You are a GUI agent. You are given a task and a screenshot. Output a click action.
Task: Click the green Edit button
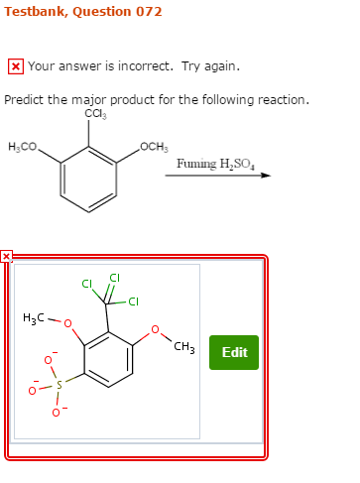[234, 352]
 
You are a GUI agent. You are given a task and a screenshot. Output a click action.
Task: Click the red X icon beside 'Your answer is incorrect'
[15, 66]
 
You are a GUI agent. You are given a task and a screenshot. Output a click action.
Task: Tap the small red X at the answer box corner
[6, 256]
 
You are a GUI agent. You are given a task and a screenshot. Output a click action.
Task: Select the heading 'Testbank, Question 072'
[82, 12]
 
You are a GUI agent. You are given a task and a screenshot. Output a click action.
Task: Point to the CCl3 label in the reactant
[95, 114]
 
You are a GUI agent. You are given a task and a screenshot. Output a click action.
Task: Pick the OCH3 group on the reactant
[154, 148]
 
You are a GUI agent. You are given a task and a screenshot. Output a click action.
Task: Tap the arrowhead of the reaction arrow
[265, 176]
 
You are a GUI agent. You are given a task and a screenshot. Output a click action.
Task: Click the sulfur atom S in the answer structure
[58, 384]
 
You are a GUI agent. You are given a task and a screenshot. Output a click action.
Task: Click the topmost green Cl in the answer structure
[114, 277]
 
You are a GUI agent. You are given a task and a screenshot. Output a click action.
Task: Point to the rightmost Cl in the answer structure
[133, 302]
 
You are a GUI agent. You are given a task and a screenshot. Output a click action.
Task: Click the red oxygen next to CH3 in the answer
[154, 329]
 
